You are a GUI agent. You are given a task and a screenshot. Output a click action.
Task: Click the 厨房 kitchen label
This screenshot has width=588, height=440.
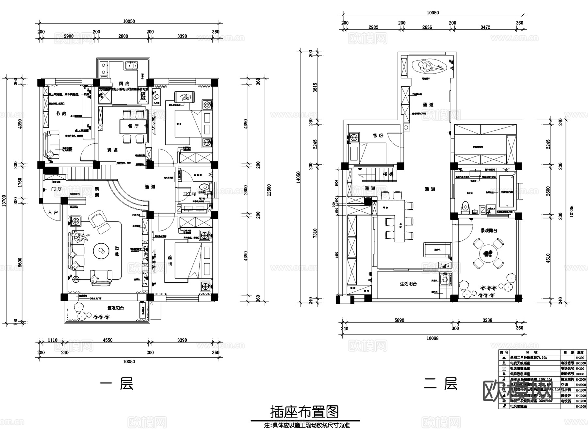(x=124, y=83)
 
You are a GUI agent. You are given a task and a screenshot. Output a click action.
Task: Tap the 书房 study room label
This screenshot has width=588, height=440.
(x=61, y=113)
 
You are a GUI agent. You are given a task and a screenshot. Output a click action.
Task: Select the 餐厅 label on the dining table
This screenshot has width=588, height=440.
(x=133, y=126)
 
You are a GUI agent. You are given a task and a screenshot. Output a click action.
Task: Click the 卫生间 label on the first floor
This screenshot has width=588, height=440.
(x=189, y=194)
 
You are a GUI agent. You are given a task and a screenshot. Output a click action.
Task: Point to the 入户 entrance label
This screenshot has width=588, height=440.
(x=53, y=213)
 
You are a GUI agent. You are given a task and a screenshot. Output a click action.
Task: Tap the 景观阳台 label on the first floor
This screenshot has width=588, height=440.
(x=116, y=308)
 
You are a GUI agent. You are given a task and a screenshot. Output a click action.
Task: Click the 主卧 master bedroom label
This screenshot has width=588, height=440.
(x=170, y=260)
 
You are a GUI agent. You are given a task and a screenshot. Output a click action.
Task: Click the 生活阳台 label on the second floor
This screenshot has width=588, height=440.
(x=408, y=284)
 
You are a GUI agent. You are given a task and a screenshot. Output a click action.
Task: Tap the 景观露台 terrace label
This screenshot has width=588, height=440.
(x=489, y=230)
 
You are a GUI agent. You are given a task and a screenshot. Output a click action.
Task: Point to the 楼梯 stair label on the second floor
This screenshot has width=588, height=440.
(x=388, y=174)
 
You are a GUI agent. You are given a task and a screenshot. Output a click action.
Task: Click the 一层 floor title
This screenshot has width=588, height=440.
(x=116, y=384)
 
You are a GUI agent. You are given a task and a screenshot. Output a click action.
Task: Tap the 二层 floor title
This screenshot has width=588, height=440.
(x=440, y=384)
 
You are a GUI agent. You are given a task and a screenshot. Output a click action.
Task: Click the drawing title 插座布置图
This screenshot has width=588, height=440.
(x=304, y=412)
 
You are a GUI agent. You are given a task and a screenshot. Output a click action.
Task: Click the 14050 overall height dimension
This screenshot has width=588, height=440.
(x=298, y=178)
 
